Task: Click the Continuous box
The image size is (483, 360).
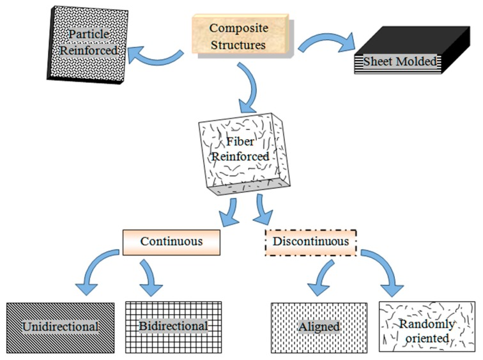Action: pos(171,242)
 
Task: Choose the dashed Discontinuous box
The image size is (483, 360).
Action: pos(310,242)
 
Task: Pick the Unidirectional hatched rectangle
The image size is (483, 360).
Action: pos(61,326)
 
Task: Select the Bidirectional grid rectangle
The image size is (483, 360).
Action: pos(173,326)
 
